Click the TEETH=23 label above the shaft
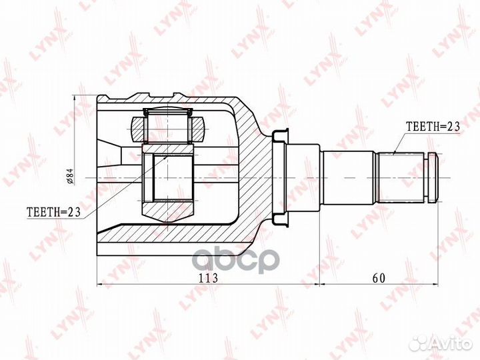[433, 126]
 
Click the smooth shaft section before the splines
[349, 177]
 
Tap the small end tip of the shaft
[434, 177]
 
